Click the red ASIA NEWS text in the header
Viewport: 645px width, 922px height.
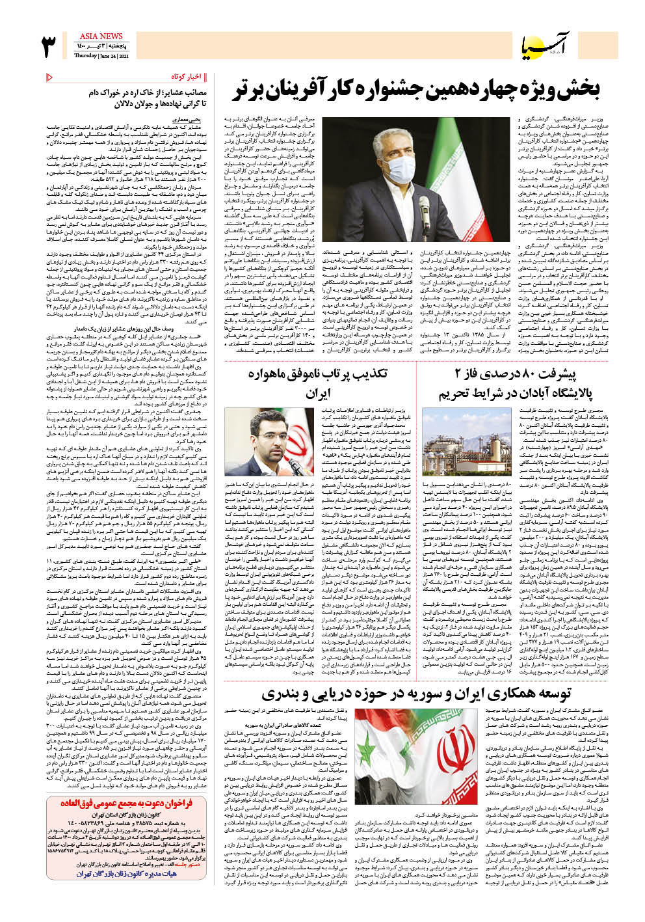pyautogui.click(x=101, y=36)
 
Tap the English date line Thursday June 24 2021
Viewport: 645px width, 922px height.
pyautogui.click(x=101, y=55)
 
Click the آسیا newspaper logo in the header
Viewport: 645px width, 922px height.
pyautogui.click(x=558, y=46)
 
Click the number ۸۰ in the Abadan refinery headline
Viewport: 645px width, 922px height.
pyautogui.click(x=517, y=375)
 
